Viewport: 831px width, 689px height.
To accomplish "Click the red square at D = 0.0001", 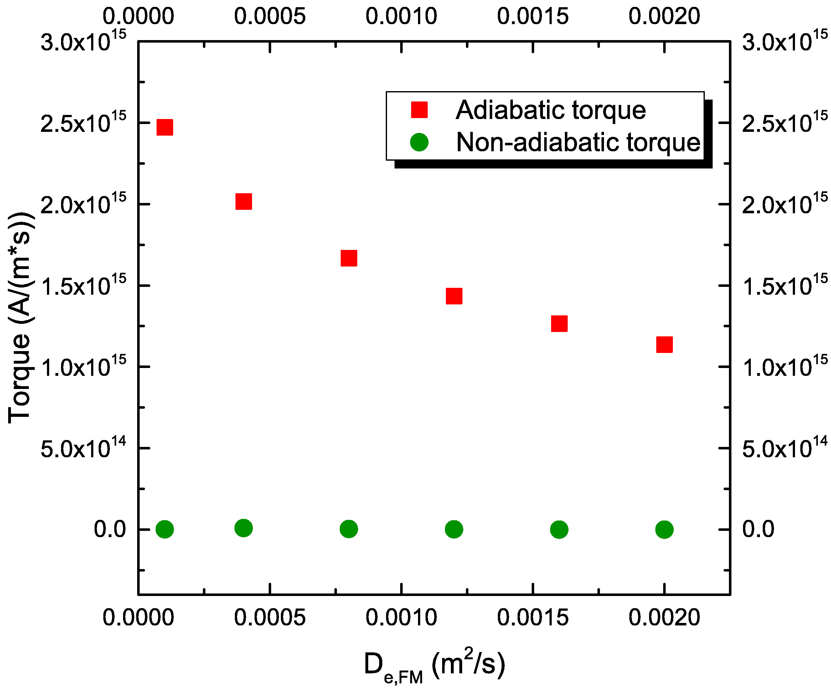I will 165,127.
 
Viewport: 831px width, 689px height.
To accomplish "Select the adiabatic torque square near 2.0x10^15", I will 243,201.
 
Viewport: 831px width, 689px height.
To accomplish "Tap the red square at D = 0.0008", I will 348,258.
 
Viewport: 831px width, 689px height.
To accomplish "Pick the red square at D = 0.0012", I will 454,296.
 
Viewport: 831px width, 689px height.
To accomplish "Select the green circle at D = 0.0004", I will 243,528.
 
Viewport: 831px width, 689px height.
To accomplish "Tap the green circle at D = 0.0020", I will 664,530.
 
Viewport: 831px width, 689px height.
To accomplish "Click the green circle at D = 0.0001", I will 165,530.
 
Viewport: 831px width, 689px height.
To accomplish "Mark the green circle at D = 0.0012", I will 454,530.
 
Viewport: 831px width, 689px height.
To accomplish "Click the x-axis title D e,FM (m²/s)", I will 434,665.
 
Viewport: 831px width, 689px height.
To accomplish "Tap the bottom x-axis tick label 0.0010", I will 401,617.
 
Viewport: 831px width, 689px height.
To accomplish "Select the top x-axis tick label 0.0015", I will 533,17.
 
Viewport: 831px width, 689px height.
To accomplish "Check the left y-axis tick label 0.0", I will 110,530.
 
